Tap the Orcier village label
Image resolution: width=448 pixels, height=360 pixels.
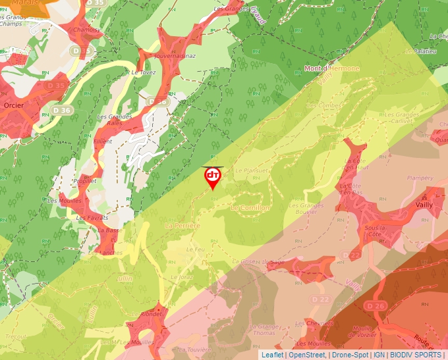(x=14, y=105)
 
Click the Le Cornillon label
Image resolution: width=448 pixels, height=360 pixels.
(x=250, y=207)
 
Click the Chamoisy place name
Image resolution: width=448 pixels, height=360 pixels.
(x=87, y=30)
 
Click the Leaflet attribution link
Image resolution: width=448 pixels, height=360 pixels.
(x=272, y=355)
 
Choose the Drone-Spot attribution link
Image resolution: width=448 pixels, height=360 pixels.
(x=350, y=355)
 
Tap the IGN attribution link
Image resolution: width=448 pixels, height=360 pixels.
(x=379, y=355)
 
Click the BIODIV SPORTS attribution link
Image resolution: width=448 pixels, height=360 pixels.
(x=415, y=355)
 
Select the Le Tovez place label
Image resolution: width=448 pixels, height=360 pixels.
(x=143, y=72)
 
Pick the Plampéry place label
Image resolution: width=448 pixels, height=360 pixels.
(x=420, y=178)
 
